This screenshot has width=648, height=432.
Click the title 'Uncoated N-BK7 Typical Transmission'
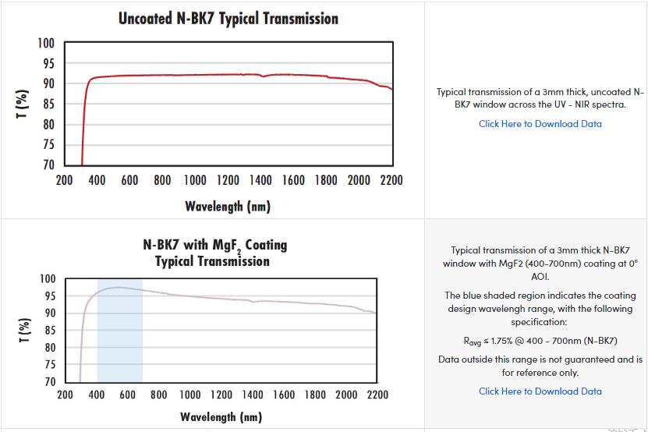pyautogui.click(x=228, y=18)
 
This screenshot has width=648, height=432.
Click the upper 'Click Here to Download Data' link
pyautogui.click(x=540, y=123)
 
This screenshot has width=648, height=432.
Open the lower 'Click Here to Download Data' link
pyautogui.click(x=540, y=391)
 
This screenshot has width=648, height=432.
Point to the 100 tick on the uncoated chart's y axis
pyautogui.click(x=46, y=43)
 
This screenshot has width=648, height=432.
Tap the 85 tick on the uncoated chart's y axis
pyautogui.click(x=48, y=104)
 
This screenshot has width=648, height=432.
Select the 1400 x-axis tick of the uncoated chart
pyautogui.click(x=260, y=181)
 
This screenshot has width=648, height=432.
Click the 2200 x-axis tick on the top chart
pyautogui.click(x=391, y=181)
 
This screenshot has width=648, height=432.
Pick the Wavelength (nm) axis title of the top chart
pyautogui.click(x=228, y=206)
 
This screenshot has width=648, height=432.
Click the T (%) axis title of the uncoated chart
pyautogui.click(x=23, y=104)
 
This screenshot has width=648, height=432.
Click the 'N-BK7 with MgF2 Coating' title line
pyautogui.click(x=215, y=245)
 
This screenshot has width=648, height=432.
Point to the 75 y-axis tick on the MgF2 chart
pyautogui.click(x=48, y=365)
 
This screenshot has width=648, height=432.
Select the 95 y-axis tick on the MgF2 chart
pyautogui.click(x=48, y=296)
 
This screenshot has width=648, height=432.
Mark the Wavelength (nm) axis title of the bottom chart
pyautogui.click(x=221, y=416)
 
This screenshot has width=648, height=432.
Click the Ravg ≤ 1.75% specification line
pyautogui.click(x=540, y=341)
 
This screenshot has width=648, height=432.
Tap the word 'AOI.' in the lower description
pyautogui.click(x=540, y=277)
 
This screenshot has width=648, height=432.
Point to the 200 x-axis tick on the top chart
pyautogui.click(x=64, y=181)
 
